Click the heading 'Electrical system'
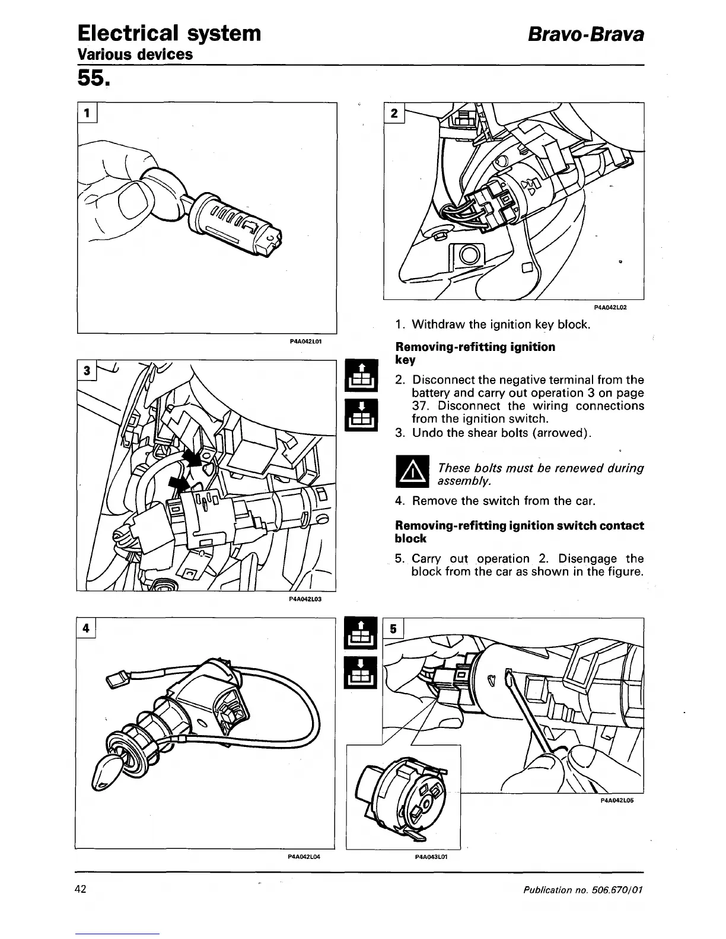click(170, 33)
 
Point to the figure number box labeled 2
click(395, 113)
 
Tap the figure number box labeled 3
click(87, 371)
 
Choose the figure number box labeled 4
click(87, 628)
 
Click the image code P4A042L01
click(305, 342)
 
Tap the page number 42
click(81, 889)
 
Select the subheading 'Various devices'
click(136, 55)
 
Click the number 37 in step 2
click(421, 406)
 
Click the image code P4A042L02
click(610, 308)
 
